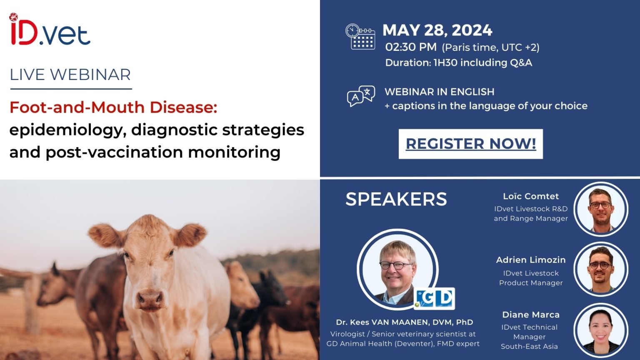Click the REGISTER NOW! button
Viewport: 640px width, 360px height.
click(x=470, y=144)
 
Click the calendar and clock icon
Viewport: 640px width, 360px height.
click(x=360, y=37)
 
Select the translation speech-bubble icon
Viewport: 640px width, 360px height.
click(x=361, y=96)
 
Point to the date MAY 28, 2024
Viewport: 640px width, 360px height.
click(x=437, y=30)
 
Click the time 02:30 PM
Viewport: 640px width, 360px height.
click(x=411, y=47)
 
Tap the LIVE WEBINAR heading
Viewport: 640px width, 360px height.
click(x=70, y=75)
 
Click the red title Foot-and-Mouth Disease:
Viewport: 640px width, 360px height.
click(x=113, y=107)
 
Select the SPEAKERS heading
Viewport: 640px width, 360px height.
click(x=396, y=199)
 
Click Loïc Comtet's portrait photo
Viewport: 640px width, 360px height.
click(x=601, y=210)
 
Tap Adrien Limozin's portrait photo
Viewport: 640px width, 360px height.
click(x=601, y=269)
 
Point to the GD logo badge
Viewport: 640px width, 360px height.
click(x=435, y=298)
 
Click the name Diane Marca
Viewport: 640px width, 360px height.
click(x=530, y=315)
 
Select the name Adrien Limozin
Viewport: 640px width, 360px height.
click(x=530, y=260)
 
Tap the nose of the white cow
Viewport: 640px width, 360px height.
click(x=150, y=297)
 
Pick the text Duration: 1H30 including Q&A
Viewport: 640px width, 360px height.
click(x=458, y=62)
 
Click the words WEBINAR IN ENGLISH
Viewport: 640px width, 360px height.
click(x=439, y=92)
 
